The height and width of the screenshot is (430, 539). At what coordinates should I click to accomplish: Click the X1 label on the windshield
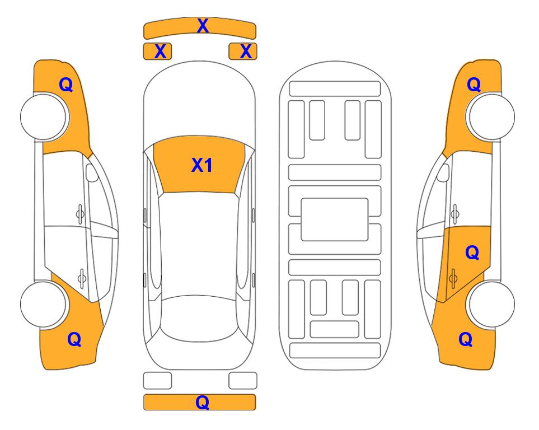(202, 165)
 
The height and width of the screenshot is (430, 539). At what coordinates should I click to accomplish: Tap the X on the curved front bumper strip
(203, 26)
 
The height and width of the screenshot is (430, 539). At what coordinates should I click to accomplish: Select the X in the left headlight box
(160, 52)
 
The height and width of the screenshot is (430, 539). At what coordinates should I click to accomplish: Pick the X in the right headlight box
(246, 52)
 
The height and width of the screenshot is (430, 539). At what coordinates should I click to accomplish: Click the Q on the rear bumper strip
(202, 402)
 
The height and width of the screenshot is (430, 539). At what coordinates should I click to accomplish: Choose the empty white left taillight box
(157, 381)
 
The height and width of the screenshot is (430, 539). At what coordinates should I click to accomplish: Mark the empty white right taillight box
(243, 381)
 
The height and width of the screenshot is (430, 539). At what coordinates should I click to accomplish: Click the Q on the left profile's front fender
(66, 85)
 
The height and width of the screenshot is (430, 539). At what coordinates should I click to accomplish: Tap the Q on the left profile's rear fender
(74, 339)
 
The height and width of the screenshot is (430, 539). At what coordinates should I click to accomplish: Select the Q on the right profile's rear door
(472, 253)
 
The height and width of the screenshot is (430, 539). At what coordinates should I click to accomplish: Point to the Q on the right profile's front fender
(474, 85)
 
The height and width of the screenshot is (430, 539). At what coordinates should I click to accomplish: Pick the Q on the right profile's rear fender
(466, 339)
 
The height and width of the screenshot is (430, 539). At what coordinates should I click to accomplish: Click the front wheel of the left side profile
(44, 116)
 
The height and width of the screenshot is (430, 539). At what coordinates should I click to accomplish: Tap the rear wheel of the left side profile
(44, 304)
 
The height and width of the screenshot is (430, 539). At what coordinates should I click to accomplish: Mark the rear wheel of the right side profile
(491, 304)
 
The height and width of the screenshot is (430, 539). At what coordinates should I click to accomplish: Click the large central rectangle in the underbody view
(335, 219)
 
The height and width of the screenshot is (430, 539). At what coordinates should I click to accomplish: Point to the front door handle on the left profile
(80, 214)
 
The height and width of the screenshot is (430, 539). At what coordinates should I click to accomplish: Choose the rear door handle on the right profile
(453, 279)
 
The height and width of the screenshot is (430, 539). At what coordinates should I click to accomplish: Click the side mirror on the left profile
(92, 172)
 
